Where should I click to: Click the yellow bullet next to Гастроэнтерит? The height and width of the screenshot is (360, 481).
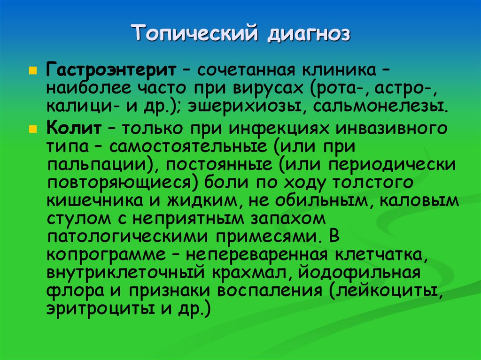[x=32, y=69]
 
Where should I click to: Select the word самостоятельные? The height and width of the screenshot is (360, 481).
[x=189, y=146]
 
